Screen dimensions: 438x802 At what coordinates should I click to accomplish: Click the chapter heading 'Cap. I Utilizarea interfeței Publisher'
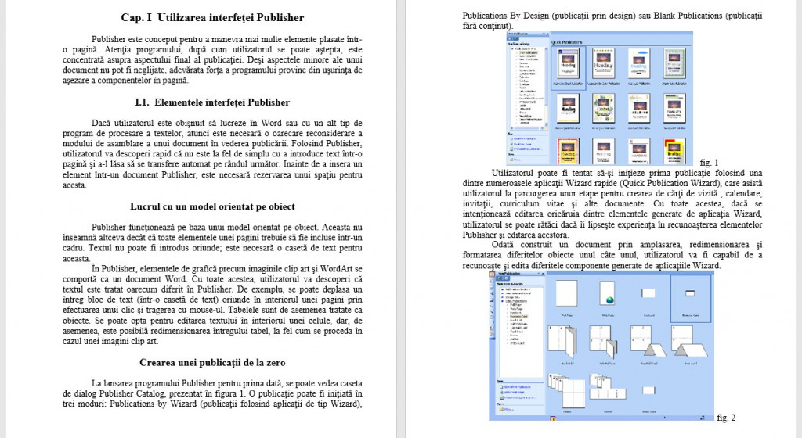[212, 17]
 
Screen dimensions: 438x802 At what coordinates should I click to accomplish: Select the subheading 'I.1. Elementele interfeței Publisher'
[212, 102]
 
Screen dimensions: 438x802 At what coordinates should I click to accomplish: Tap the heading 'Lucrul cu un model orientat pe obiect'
[212, 206]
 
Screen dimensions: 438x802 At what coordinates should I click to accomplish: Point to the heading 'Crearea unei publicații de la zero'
[212, 362]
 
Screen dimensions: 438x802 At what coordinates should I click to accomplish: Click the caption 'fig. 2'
[727, 418]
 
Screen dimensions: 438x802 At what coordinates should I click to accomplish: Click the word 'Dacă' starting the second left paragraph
[102, 124]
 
